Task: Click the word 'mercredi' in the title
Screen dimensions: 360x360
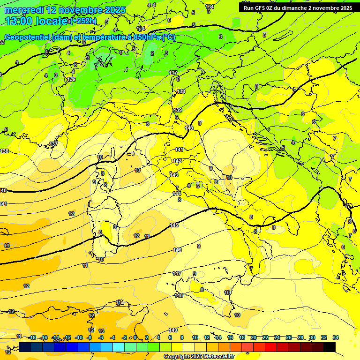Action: (23, 10)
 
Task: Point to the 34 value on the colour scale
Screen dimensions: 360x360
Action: (335, 337)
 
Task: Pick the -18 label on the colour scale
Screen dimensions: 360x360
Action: (32, 337)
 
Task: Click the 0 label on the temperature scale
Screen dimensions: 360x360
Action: (135, 337)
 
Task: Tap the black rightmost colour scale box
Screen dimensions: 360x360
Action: (329, 347)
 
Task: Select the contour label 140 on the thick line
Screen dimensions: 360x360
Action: (189, 127)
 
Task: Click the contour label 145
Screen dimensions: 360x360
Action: (174, 225)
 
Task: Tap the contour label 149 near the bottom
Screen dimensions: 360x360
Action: (173, 330)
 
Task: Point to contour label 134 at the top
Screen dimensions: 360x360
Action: (210, 7)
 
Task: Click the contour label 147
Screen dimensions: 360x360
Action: (177, 273)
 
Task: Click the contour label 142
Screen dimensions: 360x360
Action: (177, 161)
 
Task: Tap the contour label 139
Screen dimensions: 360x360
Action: (178, 110)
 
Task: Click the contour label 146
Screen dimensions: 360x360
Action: (177, 250)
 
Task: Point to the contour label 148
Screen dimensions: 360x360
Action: (179, 295)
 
